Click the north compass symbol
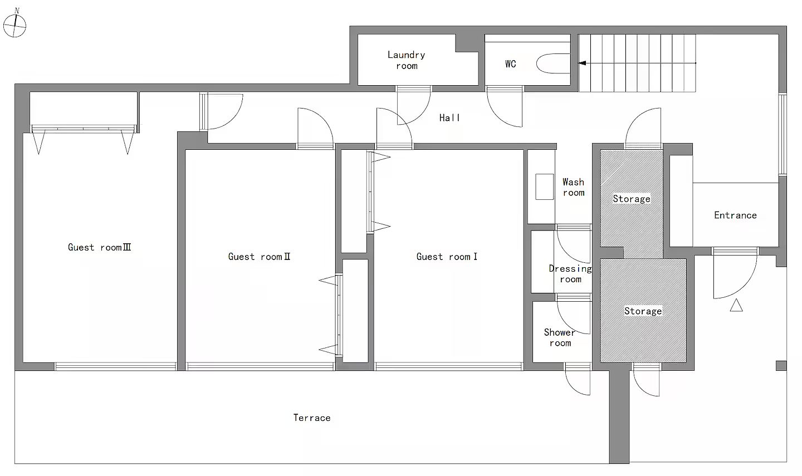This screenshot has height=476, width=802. point(14,24)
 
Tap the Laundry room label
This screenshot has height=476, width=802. point(407,60)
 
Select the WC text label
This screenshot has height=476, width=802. point(511,64)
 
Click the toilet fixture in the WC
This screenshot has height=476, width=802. point(553,63)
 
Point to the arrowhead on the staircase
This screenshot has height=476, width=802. point(582,63)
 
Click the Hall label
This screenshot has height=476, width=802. point(449,118)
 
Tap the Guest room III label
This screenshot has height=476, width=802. point(100,247)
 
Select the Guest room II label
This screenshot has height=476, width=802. point(259,257)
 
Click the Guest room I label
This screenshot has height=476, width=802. point(447,257)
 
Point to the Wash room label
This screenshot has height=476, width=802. point(573,187)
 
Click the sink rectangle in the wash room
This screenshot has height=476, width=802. point(545,187)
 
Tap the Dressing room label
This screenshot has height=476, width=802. point(570,274)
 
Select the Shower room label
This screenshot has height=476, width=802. point(560,337)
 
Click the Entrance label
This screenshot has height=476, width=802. point(735,215)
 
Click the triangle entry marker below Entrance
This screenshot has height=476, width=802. point(736,305)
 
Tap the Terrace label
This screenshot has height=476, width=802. point(312,418)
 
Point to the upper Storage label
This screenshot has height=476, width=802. point(632,199)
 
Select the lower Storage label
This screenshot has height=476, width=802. point(643,311)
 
